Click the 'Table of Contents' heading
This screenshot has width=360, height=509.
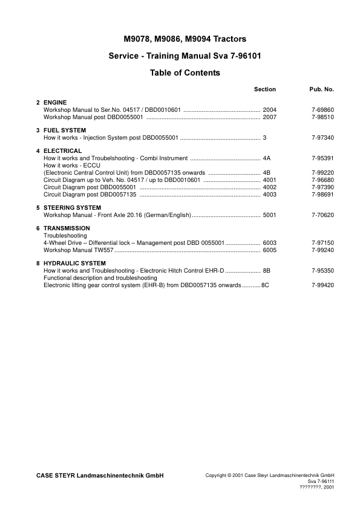pos(185,73)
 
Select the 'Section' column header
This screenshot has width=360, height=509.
pos(264,89)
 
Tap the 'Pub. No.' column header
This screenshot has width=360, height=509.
pos(322,89)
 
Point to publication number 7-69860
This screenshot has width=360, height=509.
pos(322,110)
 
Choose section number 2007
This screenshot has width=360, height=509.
pos(270,117)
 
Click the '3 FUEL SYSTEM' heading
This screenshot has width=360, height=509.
pos(61,131)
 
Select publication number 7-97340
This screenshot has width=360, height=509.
pos(322,138)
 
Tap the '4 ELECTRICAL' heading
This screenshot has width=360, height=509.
pos(59,151)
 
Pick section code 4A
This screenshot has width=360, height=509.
pos(267,158)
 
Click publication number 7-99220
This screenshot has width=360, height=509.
pos(322,172)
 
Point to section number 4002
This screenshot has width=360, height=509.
pos(270,187)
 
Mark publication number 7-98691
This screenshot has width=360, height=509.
pos(322,195)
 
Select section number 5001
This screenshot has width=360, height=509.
pos(270,215)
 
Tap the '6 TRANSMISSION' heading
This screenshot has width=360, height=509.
pos(63,229)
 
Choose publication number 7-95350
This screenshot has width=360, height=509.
pos(322,271)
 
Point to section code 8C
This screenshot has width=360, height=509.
pos(265,285)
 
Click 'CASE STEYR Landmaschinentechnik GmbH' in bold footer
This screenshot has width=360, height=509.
pos(100,476)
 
